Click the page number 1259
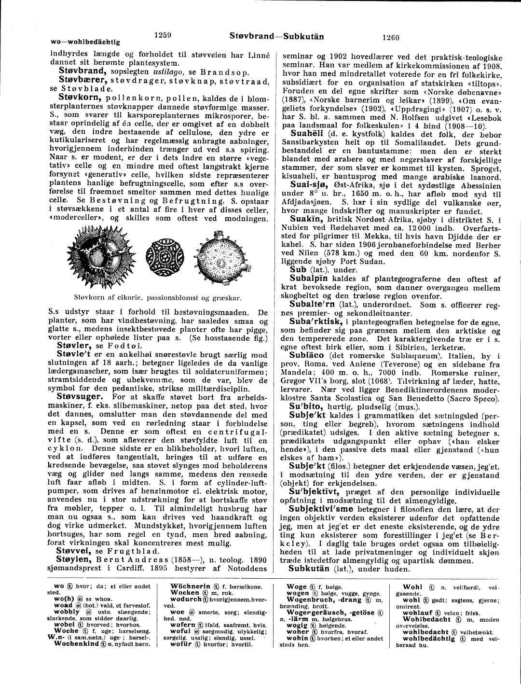(x=165, y=34)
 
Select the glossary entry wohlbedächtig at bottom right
(x=429, y=638)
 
